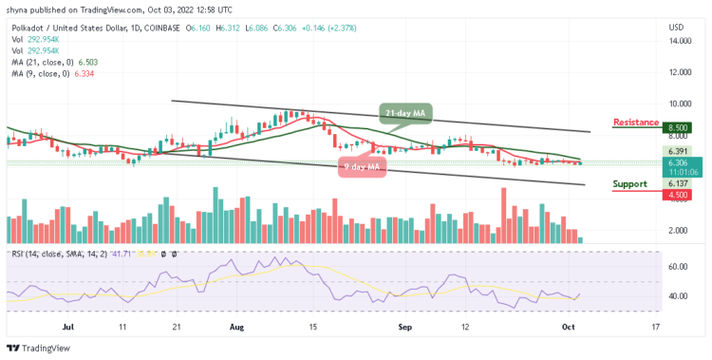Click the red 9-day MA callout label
[x=363, y=168]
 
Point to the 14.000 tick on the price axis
[x=678, y=41]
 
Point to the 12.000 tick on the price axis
[x=678, y=72]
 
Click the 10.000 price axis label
[x=678, y=104]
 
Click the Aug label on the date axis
[x=236, y=325]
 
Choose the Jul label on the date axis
[x=67, y=325]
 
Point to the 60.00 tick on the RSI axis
[x=678, y=267]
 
